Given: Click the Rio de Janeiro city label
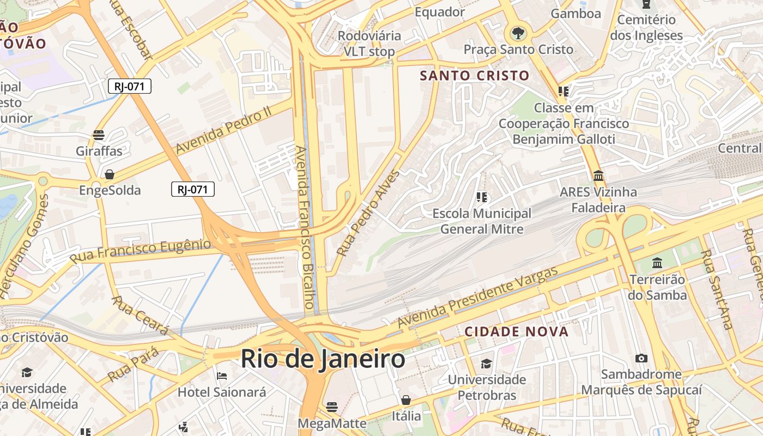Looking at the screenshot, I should (x=323, y=360).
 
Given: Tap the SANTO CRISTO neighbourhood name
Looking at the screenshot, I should (x=475, y=75).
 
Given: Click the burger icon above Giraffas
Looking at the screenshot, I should (x=99, y=135).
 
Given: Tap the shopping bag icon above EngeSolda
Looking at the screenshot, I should (x=110, y=174).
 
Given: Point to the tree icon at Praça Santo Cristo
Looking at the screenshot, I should (x=518, y=33).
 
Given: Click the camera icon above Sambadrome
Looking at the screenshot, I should (x=641, y=358).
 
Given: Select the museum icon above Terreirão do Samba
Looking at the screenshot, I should (x=657, y=263).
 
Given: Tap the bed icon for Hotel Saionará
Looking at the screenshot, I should (x=222, y=376).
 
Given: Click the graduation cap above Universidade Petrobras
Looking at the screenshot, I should (x=487, y=363).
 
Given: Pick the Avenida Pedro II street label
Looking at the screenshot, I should (x=223, y=129).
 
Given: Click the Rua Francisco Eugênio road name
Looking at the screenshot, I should (x=140, y=251).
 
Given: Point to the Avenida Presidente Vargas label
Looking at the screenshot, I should (x=478, y=298).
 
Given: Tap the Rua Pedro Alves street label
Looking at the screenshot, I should (x=368, y=213).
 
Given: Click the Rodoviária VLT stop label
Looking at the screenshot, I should (x=369, y=44).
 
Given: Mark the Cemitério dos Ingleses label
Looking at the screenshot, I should (x=646, y=28).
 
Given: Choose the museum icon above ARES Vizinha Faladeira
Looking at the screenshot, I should (x=598, y=176).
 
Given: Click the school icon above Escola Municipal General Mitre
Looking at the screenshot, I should (x=481, y=197).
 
